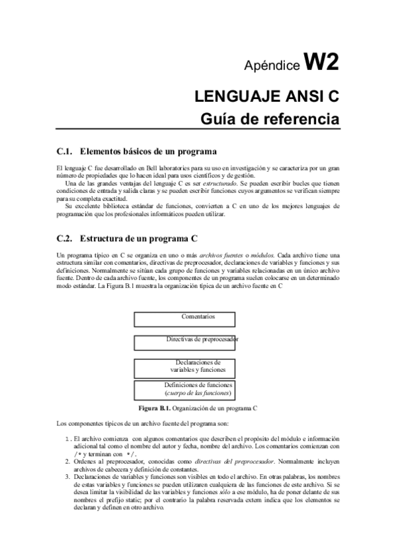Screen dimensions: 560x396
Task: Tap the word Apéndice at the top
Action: pyautogui.click(x=272, y=66)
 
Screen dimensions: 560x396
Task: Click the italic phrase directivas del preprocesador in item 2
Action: pyautogui.click(x=231, y=462)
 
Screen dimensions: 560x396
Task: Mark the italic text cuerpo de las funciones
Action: pyautogui.click(x=198, y=393)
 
